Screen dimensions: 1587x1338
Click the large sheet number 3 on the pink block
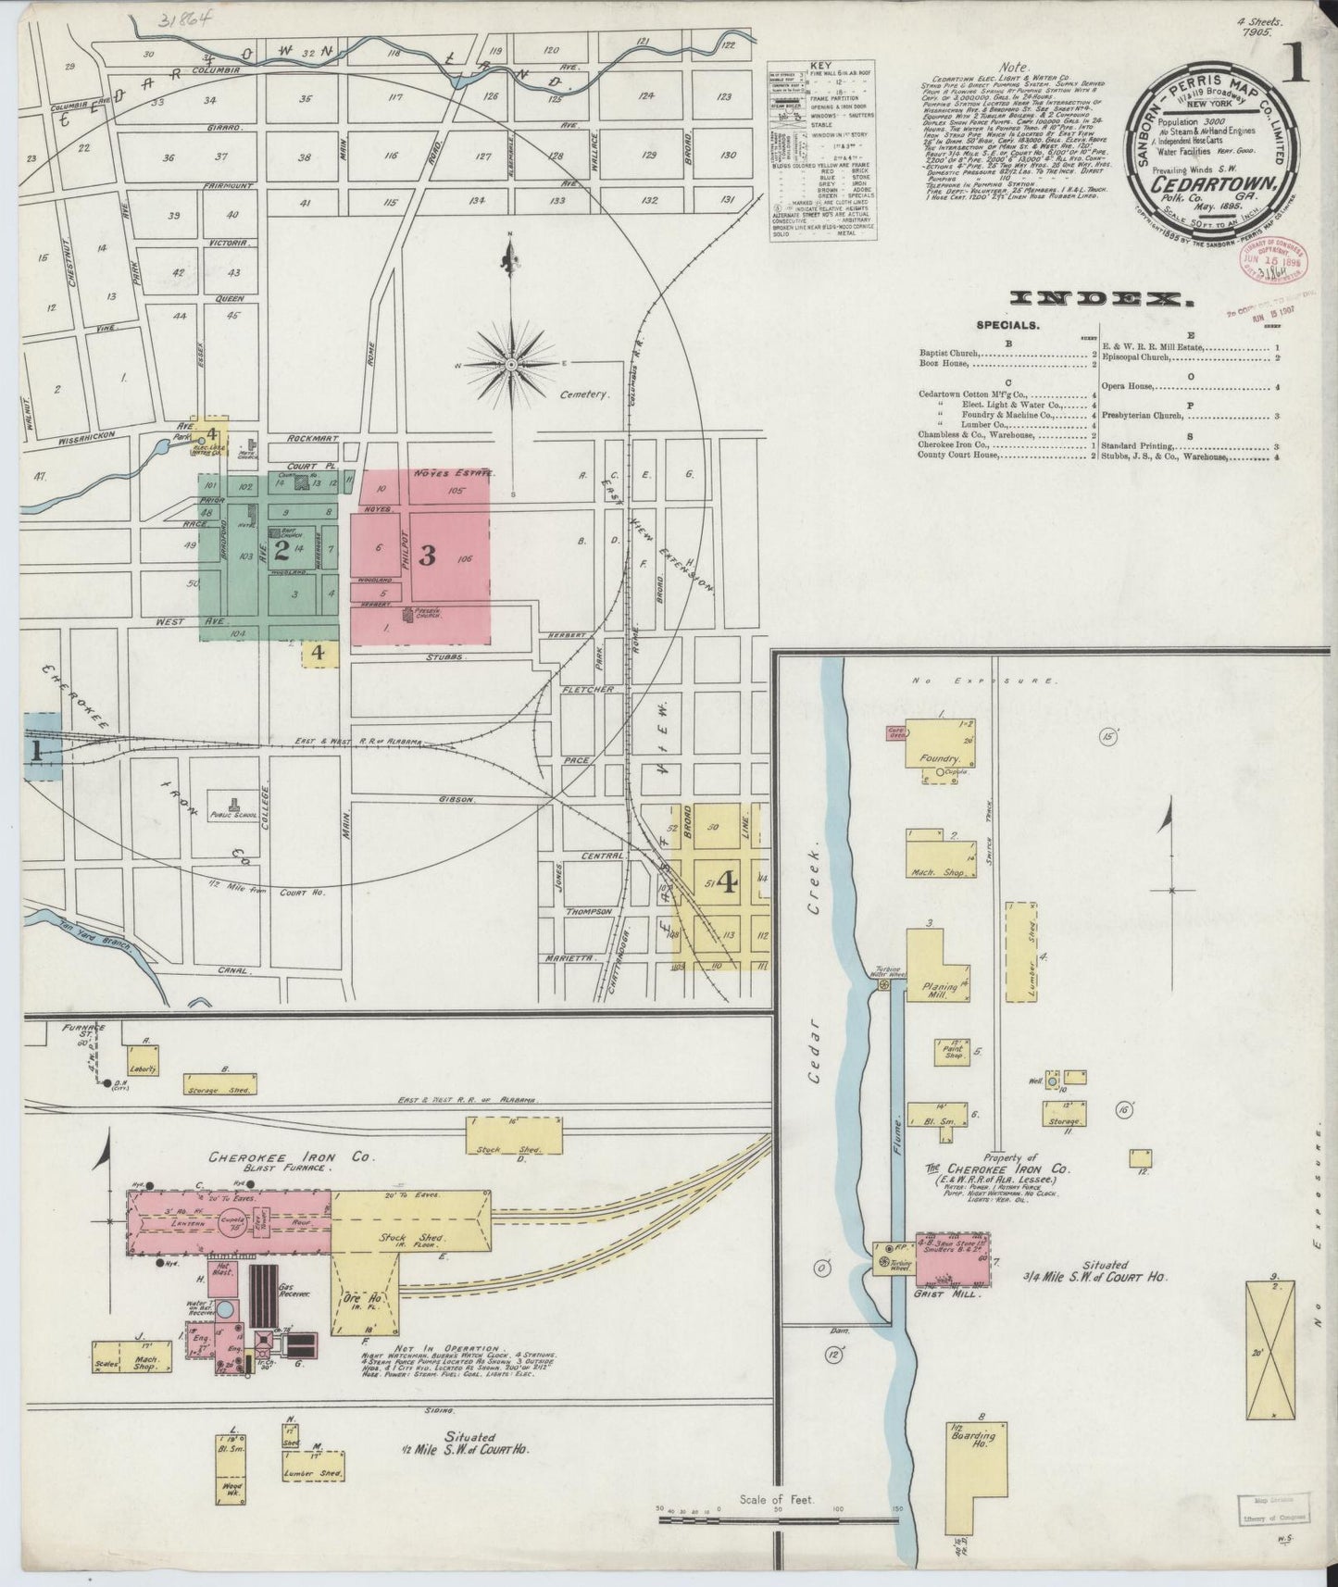tap(427, 556)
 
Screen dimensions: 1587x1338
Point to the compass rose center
tap(510, 365)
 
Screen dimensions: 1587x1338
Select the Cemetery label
tap(584, 394)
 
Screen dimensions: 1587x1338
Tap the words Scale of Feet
tap(776, 1499)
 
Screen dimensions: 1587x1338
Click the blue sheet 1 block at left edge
tap(39, 748)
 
